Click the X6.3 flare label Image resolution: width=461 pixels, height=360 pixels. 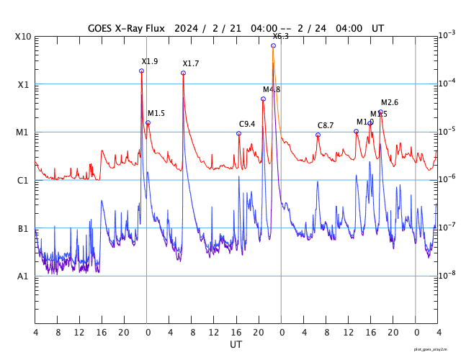(x=280, y=36)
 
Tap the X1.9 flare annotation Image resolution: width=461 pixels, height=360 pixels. (x=150, y=62)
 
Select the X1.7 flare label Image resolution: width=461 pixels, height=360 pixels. (x=191, y=64)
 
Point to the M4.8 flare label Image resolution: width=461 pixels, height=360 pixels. (x=272, y=89)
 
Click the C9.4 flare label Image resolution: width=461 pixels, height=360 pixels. (x=247, y=124)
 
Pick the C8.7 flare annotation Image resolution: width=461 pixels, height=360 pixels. (x=326, y=126)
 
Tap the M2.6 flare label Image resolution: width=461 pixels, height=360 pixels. (x=390, y=102)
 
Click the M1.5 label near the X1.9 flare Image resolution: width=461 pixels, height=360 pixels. (x=156, y=114)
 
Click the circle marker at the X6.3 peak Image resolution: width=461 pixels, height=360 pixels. (x=273, y=45)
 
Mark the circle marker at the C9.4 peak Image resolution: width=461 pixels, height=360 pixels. (x=238, y=133)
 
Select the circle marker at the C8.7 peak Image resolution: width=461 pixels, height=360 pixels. (x=318, y=135)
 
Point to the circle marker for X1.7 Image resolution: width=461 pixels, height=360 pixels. (x=183, y=73)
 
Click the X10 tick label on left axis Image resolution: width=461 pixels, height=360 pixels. (x=22, y=37)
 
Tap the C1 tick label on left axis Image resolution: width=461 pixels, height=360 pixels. (x=22, y=181)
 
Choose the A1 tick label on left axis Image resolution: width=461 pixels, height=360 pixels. (x=22, y=276)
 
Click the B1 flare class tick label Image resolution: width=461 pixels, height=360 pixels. (x=22, y=229)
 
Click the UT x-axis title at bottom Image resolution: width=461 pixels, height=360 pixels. (x=236, y=345)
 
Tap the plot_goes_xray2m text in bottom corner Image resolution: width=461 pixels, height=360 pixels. (x=435, y=349)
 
